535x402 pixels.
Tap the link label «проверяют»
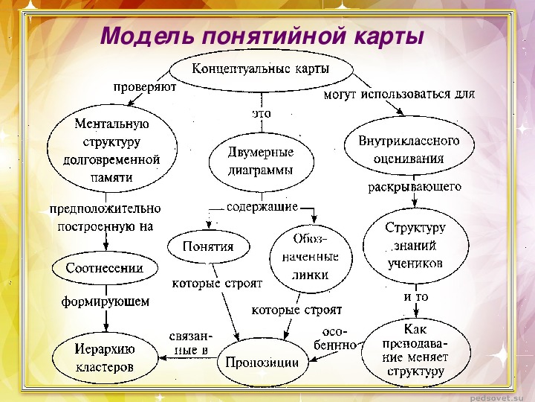pos(145,88)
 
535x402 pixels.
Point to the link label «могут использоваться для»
pos(399,94)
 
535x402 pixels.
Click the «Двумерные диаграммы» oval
pos(262,162)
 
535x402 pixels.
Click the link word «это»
pos(262,113)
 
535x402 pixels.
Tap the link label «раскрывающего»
pos(415,187)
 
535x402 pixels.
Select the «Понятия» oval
pos(209,246)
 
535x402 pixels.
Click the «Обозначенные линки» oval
pos(311,258)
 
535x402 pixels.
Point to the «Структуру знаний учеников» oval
pos(415,246)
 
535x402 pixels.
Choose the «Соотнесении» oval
pos(105,268)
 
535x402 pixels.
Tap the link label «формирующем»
pos(106,301)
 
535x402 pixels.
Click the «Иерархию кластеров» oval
pos(105,357)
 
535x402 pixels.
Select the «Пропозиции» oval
pos(263,363)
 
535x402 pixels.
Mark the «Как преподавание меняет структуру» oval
pos(416,352)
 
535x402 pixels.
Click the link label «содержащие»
pos(262,207)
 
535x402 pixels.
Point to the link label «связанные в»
pos(189,343)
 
